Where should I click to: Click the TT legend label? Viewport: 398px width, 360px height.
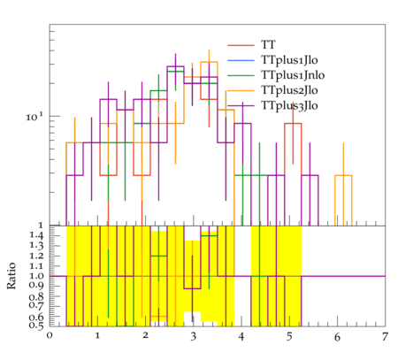pos(268,45)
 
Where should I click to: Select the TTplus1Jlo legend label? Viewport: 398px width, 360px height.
pos(289,60)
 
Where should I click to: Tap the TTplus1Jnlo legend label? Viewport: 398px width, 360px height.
pos(293,75)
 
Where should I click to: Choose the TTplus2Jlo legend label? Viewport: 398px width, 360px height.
pos(289,90)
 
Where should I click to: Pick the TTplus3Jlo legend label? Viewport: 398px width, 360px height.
pos(289,105)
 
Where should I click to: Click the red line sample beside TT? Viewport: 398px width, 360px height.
pos(241,45)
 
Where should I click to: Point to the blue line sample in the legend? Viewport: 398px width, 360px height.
pos(241,60)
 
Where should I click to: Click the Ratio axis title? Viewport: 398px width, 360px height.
pos(11,276)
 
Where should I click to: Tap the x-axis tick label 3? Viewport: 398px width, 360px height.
pos(193,337)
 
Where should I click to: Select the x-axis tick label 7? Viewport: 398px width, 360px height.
pos(385,337)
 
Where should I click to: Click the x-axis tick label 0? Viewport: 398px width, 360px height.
pos(50,336)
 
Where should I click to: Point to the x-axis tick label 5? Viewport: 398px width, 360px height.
pos(289,337)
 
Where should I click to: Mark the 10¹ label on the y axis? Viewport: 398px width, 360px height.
pos(34,117)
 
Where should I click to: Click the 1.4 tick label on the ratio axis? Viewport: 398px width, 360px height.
pos(36,235)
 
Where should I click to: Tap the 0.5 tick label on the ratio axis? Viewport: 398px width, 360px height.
pos(36,326)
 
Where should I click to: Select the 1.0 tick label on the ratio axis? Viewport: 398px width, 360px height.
pos(36,276)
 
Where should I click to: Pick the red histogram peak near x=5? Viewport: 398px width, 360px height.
pos(293,124)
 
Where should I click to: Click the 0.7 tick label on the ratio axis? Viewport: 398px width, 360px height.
pos(36,305)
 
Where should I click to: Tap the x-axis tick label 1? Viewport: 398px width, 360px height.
pos(97,336)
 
